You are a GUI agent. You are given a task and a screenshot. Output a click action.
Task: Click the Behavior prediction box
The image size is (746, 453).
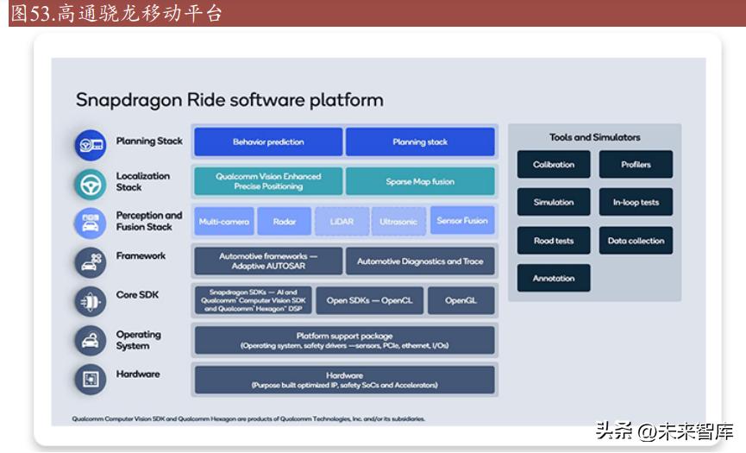pyautogui.click(x=268, y=142)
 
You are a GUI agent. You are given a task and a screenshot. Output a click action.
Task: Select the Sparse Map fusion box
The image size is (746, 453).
pyautogui.click(x=420, y=182)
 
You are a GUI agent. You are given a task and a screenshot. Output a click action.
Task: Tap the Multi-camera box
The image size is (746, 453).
pyautogui.click(x=223, y=222)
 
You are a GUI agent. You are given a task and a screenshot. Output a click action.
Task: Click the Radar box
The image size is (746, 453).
pyautogui.click(x=285, y=222)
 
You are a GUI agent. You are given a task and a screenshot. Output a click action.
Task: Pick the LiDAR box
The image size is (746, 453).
pyautogui.click(x=342, y=222)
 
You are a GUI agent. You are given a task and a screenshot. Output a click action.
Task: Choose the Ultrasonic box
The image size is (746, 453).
pyautogui.click(x=398, y=222)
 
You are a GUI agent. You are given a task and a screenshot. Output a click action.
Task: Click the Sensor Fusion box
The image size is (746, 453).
pyautogui.click(x=462, y=221)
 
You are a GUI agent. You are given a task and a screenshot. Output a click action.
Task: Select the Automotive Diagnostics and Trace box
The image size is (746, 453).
pyautogui.click(x=420, y=261)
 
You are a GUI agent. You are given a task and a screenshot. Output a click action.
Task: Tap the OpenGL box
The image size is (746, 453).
pyautogui.click(x=461, y=300)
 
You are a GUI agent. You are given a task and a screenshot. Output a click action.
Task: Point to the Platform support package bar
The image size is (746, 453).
pyautogui.click(x=344, y=340)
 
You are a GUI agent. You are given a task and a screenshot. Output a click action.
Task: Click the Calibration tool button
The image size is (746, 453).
pyautogui.click(x=554, y=165)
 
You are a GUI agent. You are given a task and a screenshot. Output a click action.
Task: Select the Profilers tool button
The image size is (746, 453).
pyautogui.click(x=636, y=165)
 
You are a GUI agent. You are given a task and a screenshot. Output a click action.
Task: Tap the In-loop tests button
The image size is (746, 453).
pyautogui.click(x=636, y=203)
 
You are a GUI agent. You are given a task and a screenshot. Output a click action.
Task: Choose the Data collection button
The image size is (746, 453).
pyautogui.click(x=636, y=241)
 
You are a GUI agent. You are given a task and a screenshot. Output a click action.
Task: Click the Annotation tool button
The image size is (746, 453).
pyautogui.click(x=554, y=279)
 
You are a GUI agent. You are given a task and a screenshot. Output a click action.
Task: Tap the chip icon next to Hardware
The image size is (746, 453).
pyautogui.click(x=91, y=379)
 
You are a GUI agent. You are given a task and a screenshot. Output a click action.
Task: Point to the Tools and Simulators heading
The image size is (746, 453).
pyautogui.click(x=595, y=137)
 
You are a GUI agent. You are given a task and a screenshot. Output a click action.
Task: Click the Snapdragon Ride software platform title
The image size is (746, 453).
pyautogui.click(x=229, y=100)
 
